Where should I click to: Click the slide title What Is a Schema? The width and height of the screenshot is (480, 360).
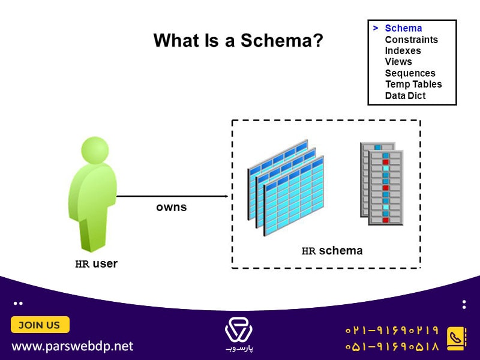[x=238, y=40]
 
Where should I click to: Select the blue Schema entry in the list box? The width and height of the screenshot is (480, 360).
[x=403, y=28]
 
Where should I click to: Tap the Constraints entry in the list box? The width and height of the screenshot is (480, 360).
[x=412, y=40]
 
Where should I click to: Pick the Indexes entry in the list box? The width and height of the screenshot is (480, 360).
[x=403, y=50]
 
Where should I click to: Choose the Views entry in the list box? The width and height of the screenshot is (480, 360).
[x=398, y=62]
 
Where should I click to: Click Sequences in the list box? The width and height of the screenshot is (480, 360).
[x=410, y=73]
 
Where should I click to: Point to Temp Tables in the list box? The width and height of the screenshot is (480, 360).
[x=413, y=84]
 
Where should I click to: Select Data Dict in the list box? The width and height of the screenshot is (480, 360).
[x=406, y=95]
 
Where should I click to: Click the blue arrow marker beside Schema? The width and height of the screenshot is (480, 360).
[x=376, y=28]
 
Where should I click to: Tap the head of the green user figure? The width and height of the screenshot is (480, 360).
[x=95, y=150]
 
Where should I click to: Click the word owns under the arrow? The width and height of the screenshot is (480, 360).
[x=172, y=207]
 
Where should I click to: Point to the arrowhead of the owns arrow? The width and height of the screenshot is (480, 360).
[x=227, y=196]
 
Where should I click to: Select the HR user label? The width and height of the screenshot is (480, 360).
[x=97, y=263]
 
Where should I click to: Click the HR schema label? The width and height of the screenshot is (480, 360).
[x=332, y=251]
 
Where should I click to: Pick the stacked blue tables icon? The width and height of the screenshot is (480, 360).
[x=286, y=188]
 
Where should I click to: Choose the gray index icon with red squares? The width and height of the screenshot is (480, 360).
[x=382, y=184]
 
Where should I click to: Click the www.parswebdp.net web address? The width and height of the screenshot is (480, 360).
[x=73, y=346]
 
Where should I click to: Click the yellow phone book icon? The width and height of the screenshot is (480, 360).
[x=457, y=339]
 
